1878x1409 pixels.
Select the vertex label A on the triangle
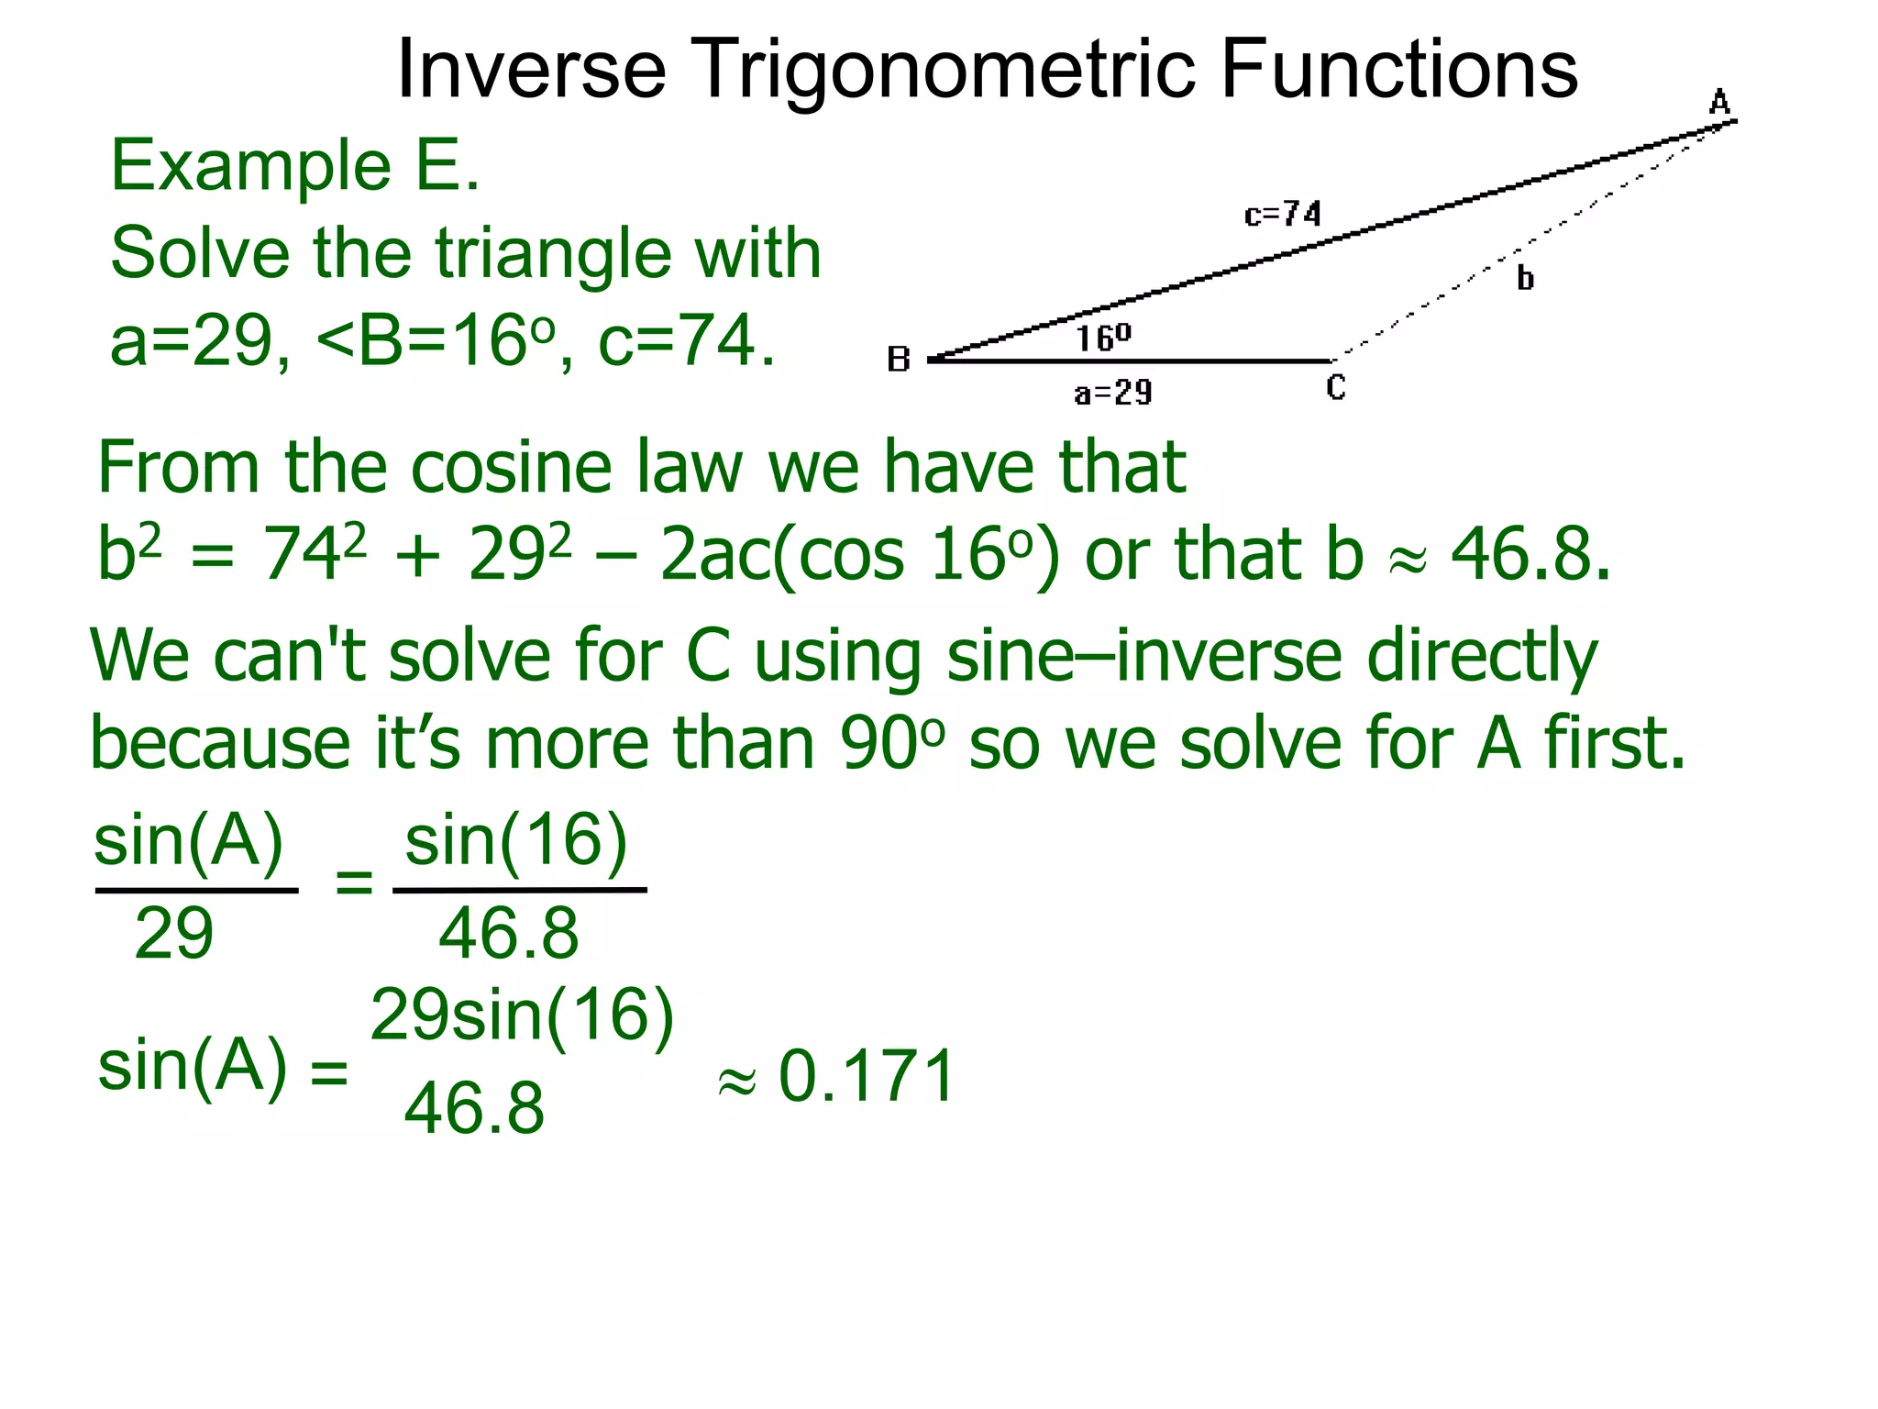pos(1719,101)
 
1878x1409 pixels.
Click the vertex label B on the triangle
pos(899,359)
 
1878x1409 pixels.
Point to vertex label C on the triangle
pos(1336,388)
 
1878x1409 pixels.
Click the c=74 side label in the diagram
pos(1283,215)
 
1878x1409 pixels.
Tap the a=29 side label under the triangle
pos(1113,394)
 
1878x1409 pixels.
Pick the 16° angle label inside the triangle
pos(1103,338)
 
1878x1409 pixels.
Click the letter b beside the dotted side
pos(1525,277)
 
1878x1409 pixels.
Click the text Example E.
pos(294,166)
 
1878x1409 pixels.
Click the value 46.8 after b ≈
pos(1530,554)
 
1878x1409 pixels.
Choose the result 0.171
pos(867,1076)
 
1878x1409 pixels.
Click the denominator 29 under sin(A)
pos(173,934)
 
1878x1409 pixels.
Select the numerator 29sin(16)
pos(523,1015)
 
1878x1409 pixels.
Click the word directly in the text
pos(1482,656)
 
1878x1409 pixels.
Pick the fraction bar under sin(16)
pos(520,890)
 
